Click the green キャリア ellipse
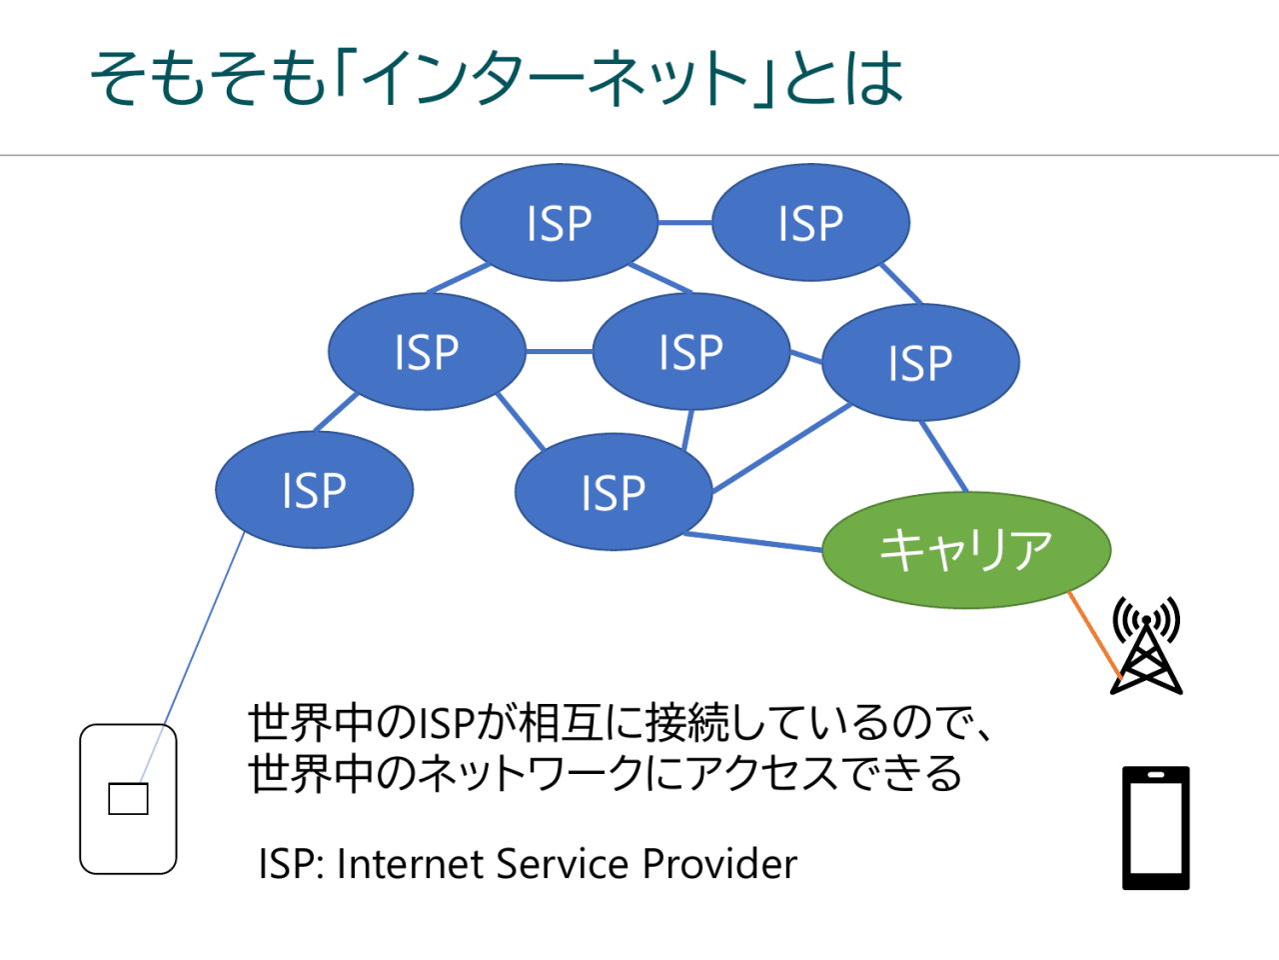tap(965, 549)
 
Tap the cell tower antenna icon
tap(1146, 647)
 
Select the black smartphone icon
tap(1155, 828)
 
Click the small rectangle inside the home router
tap(128, 799)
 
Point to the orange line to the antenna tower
tap(1094, 634)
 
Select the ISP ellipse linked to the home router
tap(314, 490)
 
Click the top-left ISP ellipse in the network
tap(559, 222)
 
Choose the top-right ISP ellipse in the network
tap(810, 222)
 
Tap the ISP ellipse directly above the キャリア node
tap(919, 362)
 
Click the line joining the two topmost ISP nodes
tap(684, 222)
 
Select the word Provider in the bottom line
tap(719, 864)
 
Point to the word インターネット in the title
tap(556, 78)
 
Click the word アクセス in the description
tap(763, 774)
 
